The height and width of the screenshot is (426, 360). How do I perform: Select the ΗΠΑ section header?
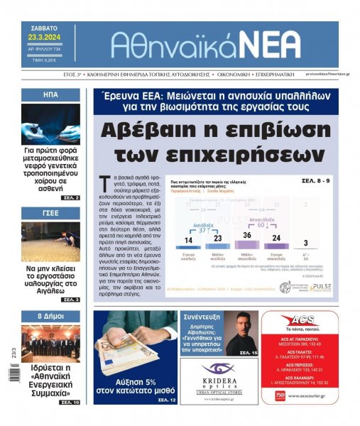tap(50, 95)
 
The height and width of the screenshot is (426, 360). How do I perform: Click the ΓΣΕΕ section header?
tap(50, 213)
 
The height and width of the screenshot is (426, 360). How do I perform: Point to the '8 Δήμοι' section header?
tap(50, 316)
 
